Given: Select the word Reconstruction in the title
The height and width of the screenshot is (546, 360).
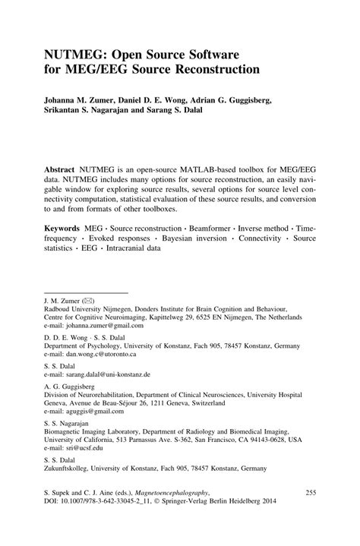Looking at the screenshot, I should (x=219, y=72).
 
